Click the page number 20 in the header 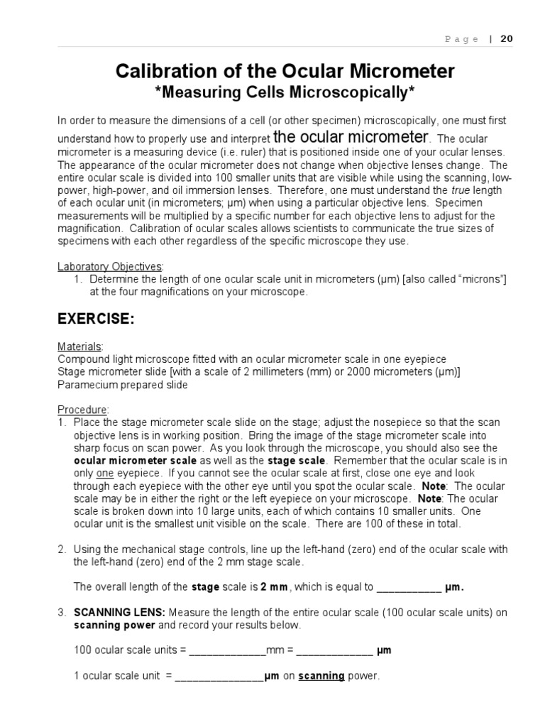[506, 39]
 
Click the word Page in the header [461, 39]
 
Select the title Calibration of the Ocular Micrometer [285, 71]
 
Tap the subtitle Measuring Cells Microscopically [285, 92]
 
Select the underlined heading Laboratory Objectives [109, 266]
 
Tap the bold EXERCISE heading [96, 319]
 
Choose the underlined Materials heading [79, 346]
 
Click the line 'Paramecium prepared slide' [123, 384]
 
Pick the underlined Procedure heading [82, 410]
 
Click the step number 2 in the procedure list [61, 550]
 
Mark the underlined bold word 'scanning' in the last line [321, 676]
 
